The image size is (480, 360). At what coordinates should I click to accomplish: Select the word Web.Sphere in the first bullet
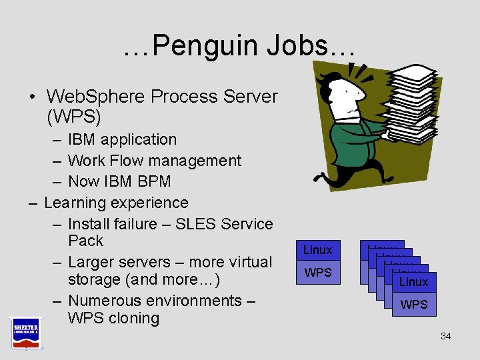99,97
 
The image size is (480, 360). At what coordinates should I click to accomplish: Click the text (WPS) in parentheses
74,118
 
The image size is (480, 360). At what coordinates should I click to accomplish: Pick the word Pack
85,241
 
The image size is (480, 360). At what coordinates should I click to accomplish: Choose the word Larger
93,262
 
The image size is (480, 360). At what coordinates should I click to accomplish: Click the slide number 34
445,336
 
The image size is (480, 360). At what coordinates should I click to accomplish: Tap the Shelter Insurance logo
25,332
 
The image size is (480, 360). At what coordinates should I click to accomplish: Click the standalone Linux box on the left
317,250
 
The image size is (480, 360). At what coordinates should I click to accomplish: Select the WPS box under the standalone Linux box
317,272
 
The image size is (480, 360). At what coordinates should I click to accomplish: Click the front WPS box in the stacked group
413,305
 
